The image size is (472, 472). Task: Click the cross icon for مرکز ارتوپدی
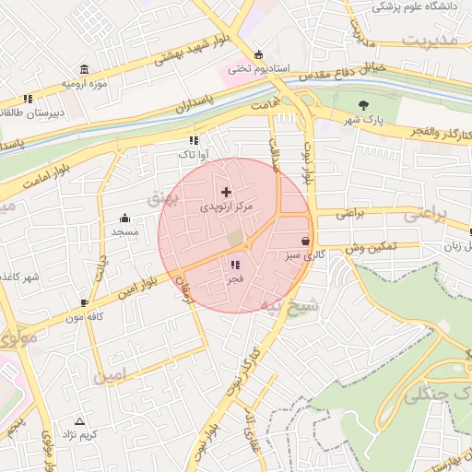(x=227, y=191)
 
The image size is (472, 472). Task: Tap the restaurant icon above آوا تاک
(x=193, y=140)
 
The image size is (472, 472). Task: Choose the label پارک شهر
(x=363, y=120)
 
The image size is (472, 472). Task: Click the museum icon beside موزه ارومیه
(x=85, y=70)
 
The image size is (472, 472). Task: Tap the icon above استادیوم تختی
(x=258, y=53)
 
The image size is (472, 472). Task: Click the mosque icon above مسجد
(x=125, y=218)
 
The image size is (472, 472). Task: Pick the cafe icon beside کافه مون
(x=85, y=301)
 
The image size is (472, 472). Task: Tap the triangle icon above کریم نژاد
(x=78, y=420)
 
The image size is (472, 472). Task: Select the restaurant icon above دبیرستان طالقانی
(x=29, y=98)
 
